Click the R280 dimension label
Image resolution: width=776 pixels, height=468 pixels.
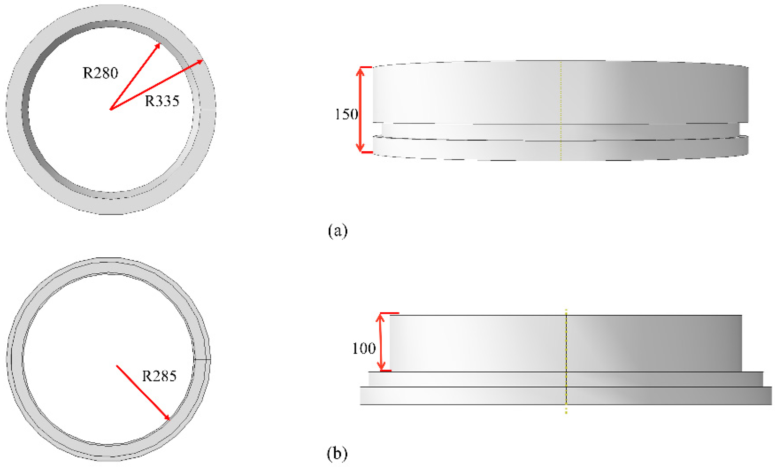(100, 73)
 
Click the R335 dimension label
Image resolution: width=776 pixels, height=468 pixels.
(162, 101)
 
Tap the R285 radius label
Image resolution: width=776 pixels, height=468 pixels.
(159, 376)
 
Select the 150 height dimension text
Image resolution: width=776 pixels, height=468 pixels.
(346, 114)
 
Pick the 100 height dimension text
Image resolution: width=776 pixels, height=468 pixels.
(364, 349)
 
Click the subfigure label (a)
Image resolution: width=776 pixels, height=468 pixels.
(338, 231)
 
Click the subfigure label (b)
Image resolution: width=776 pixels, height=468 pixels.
(337, 453)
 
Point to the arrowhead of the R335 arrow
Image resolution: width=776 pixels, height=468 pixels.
(201, 61)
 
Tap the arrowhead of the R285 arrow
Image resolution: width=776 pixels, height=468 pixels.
(168, 418)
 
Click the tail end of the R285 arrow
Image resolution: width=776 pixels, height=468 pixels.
(117, 366)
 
